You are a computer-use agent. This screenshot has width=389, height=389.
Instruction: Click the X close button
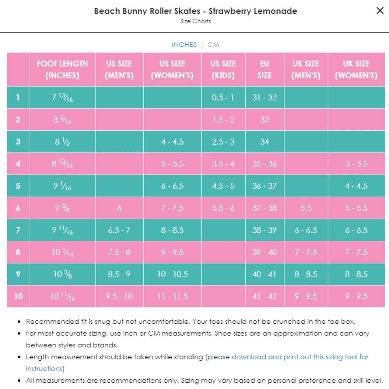380,11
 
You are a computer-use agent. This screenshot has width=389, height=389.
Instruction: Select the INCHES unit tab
184,45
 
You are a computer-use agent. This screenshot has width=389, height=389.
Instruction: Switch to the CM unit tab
213,45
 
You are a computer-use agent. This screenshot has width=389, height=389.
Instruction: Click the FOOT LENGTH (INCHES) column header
62,69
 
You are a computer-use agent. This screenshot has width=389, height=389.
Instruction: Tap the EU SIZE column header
265,69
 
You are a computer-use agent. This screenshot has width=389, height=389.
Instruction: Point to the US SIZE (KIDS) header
223,69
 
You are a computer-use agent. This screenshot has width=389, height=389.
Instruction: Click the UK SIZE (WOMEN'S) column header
356,69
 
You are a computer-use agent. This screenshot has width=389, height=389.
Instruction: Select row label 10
18,296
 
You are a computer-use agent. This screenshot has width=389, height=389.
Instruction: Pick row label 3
18,142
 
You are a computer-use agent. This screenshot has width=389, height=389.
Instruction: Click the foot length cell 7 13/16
62,98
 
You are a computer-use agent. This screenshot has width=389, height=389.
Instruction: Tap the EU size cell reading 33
265,120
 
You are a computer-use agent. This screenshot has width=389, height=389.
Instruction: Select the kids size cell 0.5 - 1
223,98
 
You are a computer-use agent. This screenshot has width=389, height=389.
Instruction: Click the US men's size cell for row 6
119,208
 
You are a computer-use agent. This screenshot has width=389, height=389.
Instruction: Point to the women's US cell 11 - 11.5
172,296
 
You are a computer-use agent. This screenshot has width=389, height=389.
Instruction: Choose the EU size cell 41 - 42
265,296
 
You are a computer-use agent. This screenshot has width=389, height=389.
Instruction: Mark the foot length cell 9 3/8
62,208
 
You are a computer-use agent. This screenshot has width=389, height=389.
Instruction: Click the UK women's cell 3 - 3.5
356,164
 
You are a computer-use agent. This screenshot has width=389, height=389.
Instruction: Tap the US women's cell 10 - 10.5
172,274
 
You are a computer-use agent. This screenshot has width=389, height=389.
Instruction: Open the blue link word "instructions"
44,369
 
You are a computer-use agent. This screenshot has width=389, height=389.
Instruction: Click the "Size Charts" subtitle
195,21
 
